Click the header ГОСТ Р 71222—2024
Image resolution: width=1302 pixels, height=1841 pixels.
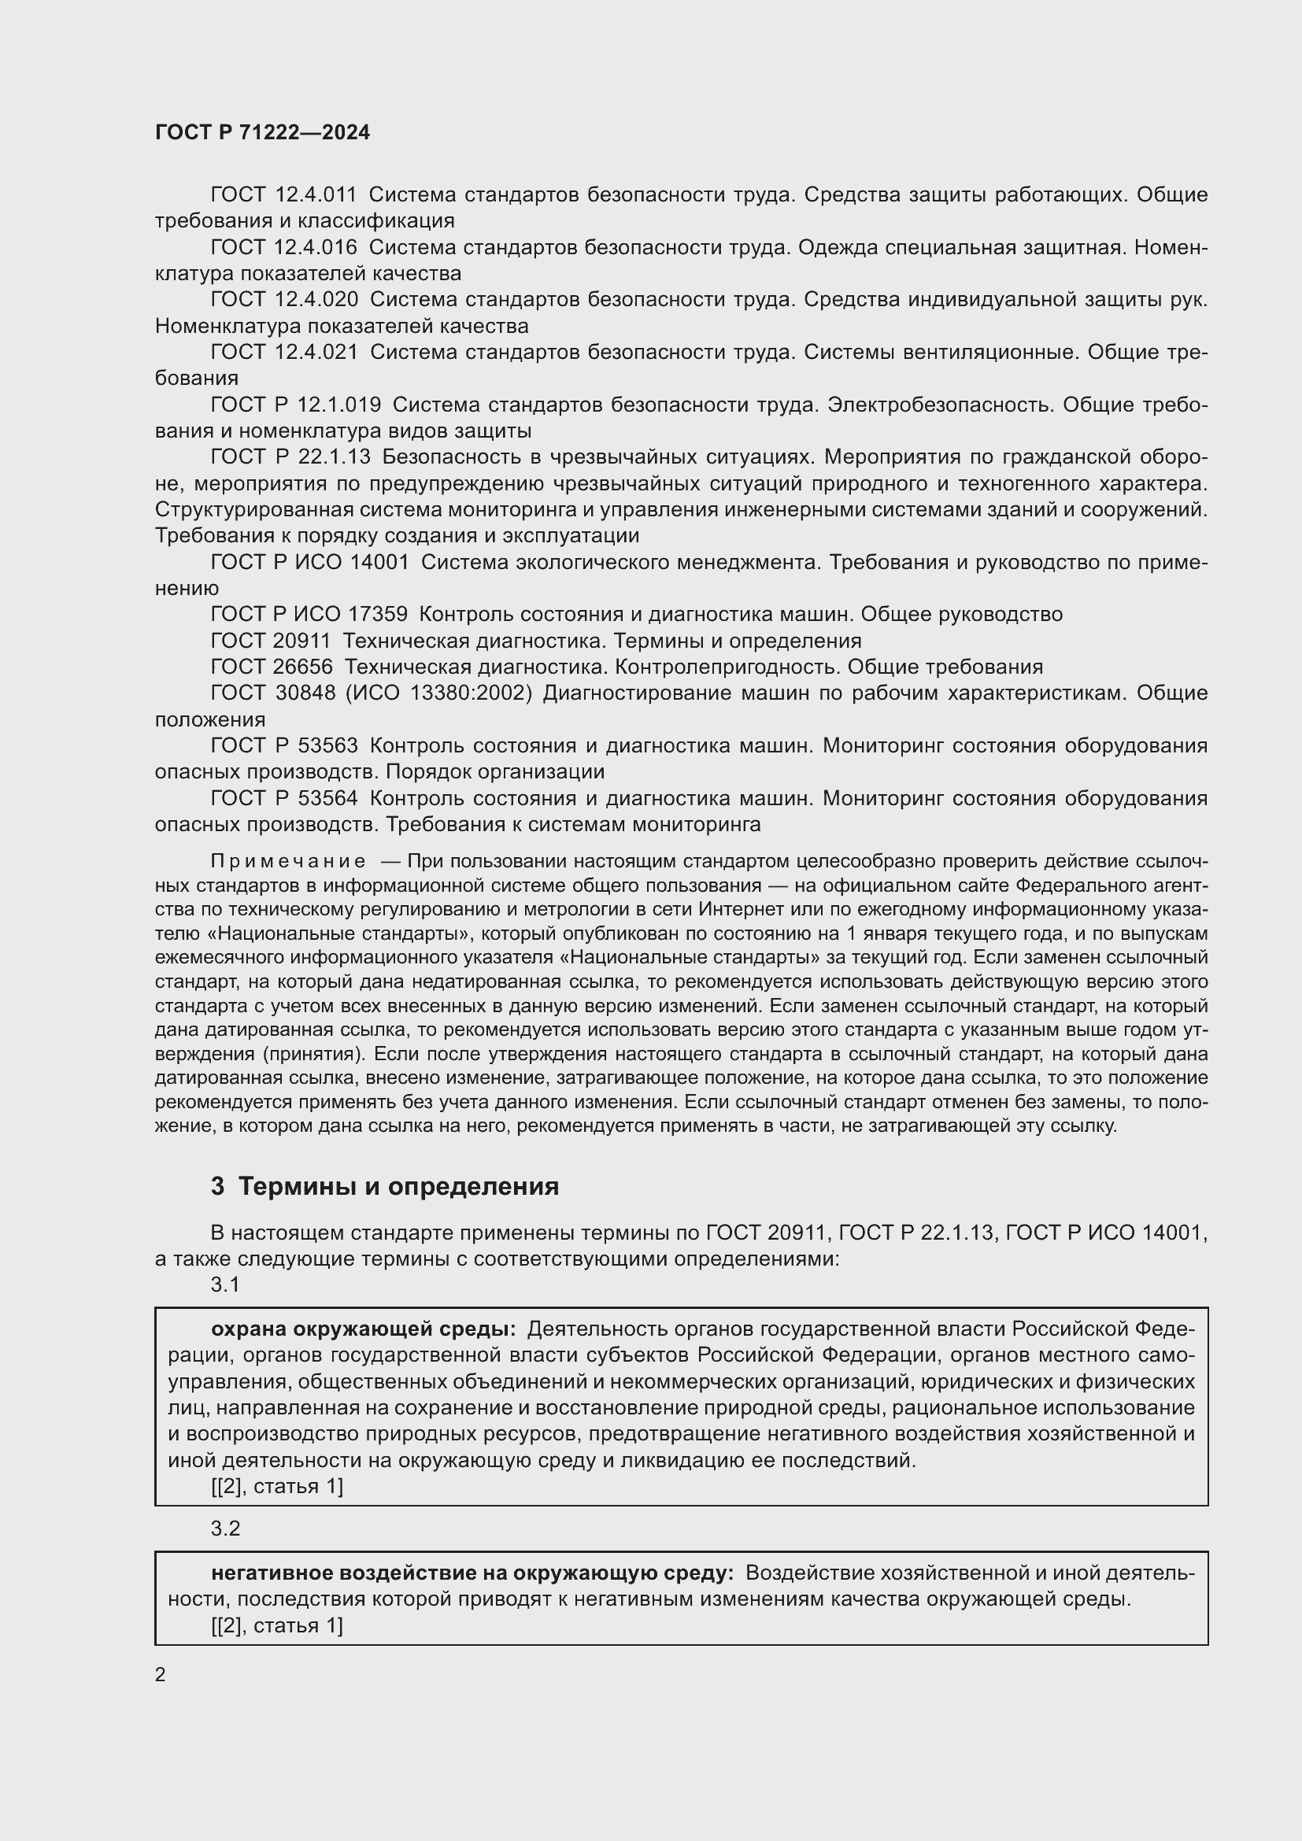point(262,133)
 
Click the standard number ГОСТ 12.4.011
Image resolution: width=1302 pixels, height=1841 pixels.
point(284,195)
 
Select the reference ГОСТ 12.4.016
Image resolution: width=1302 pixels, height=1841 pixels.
point(284,248)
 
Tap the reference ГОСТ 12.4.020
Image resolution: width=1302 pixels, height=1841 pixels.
point(284,300)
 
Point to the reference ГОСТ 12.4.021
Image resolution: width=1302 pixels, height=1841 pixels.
point(284,352)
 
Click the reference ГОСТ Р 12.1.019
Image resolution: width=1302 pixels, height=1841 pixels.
point(296,405)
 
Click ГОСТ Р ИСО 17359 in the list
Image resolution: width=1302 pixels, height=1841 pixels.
point(309,614)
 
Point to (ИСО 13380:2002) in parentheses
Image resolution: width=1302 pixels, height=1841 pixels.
point(438,693)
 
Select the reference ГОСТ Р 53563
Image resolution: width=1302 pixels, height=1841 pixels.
point(284,745)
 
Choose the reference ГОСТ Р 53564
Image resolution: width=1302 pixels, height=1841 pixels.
point(284,799)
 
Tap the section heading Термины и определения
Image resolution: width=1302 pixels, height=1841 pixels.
point(398,1187)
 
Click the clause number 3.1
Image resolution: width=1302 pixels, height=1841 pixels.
point(225,1285)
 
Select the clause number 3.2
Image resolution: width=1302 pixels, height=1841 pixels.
point(225,1529)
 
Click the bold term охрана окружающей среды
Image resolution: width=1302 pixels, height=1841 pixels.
point(363,1329)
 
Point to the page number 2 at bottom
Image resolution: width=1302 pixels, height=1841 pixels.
point(161,1675)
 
